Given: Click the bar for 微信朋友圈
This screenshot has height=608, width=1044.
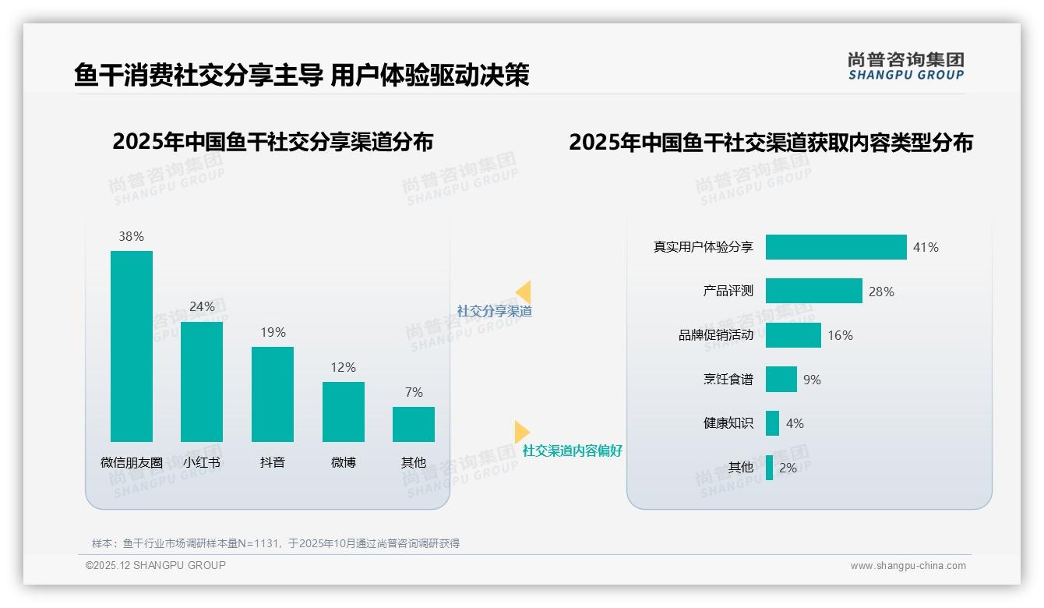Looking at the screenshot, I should coord(132,346).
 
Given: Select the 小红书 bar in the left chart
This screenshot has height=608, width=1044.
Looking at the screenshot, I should coord(202,381).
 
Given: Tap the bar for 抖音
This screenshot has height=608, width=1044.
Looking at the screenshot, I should coord(273,394).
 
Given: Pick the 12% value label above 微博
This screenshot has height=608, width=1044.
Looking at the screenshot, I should coord(343,367).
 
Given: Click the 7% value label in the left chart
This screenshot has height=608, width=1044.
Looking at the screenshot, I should coord(414,392).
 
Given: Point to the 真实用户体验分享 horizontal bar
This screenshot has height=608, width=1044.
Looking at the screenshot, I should coord(836,247).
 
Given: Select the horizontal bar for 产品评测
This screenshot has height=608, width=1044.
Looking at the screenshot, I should coord(813,291).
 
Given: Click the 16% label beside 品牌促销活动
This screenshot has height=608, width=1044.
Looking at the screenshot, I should coord(840,335).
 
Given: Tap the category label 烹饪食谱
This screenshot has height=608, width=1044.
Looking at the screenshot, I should coord(728,380).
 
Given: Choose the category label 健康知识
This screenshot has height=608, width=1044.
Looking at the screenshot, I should coord(728,423).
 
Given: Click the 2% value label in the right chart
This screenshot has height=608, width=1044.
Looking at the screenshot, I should coord(788,468).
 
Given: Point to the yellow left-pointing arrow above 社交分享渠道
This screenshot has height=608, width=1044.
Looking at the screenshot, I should coord(523,292).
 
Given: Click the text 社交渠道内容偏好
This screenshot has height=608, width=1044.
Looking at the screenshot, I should coord(572,451).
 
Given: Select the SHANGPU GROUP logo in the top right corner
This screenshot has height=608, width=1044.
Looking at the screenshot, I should coord(906,66).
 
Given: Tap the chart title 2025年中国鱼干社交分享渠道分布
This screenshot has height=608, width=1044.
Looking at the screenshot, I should coord(273,142).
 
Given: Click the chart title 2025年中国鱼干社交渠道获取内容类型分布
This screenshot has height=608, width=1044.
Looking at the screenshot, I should coord(771,143).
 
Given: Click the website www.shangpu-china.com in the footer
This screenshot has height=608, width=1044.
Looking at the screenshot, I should coord(908,566).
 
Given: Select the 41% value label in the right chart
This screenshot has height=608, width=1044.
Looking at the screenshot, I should coord(926,247).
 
